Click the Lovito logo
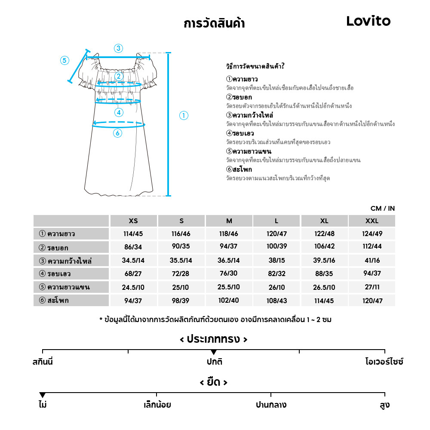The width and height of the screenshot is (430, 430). [368, 21]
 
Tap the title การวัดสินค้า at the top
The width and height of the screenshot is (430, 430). [214, 23]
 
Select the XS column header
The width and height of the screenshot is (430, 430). [133, 221]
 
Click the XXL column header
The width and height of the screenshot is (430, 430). [372, 221]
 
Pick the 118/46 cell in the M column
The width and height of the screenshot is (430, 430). [229, 234]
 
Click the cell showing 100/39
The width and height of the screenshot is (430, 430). [276, 247]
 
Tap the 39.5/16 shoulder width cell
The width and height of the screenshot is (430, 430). [324, 261]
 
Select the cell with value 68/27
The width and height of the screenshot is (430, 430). [133, 274]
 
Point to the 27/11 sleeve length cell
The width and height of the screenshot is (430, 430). [372, 287]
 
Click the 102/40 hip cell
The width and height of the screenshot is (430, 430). [229, 301]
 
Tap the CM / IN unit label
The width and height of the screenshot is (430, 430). [382, 209]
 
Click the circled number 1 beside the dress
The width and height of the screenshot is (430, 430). [184, 115]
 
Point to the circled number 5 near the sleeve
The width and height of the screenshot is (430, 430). [64, 60]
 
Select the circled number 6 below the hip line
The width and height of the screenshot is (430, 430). [117, 133]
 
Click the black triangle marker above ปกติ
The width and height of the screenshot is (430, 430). [214, 353]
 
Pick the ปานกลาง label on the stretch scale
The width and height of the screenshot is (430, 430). [271, 405]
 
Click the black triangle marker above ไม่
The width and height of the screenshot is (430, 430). [42, 395]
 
